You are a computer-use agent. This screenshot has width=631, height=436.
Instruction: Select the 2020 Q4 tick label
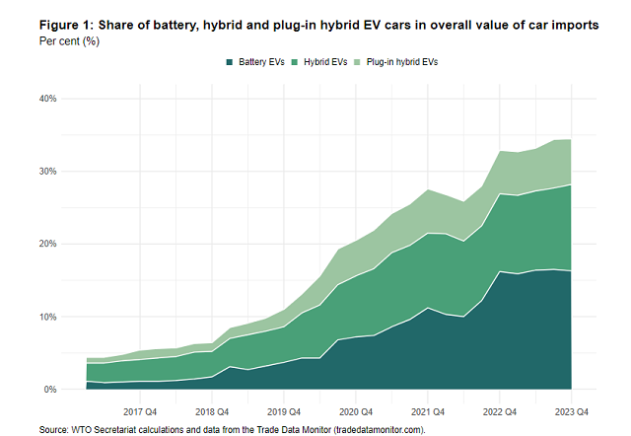coord(355,411)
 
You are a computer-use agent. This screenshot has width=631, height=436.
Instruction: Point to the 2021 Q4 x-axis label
coord(427,411)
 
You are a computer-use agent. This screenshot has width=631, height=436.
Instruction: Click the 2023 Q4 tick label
coord(571,411)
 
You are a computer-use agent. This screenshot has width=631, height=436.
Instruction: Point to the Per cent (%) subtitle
coord(70,42)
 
